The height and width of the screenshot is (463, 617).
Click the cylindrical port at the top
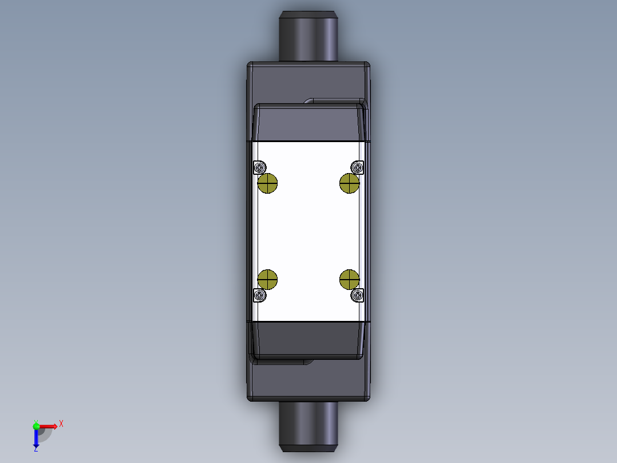(308, 36)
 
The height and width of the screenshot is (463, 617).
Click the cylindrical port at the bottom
(308, 426)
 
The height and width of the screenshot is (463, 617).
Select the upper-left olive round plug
(267, 184)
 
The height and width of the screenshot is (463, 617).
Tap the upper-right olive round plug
(349, 184)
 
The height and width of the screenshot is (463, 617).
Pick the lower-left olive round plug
(267, 279)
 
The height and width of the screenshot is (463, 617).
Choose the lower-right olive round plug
(349, 279)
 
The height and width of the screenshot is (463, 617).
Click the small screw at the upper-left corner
(259, 167)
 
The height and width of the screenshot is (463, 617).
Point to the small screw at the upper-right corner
(358, 167)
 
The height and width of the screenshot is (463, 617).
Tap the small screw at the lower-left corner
(259, 295)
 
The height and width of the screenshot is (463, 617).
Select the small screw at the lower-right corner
(358, 295)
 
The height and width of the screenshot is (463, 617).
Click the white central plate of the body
(308, 231)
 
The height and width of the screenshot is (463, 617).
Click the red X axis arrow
(48, 426)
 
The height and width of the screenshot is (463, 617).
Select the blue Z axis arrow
(36, 438)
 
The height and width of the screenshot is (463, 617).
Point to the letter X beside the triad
(61, 423)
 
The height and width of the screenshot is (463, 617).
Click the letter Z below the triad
(35, 450)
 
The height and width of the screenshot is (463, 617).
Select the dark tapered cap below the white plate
(308, 340)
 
